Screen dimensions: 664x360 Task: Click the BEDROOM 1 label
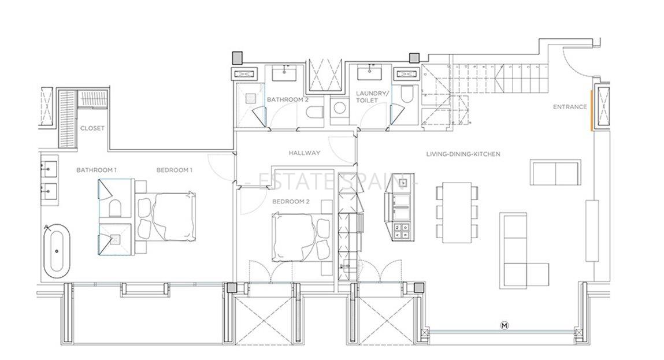point(174,170)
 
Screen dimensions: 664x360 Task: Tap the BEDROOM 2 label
point(291,202)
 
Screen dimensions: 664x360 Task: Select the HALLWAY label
point(305,153)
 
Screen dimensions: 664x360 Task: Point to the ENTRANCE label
point(570,107)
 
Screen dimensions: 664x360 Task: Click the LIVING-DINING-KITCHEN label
point(463,154)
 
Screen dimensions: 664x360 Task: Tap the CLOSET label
point(92,128)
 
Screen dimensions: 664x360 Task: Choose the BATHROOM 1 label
point(97,170)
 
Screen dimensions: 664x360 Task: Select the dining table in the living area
point(457,213)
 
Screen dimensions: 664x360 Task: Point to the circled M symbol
point(505,326)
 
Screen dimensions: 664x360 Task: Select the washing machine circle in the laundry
point(340,107)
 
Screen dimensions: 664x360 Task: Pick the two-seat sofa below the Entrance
point(555,172)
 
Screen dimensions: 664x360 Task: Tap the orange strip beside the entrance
point(592,110)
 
